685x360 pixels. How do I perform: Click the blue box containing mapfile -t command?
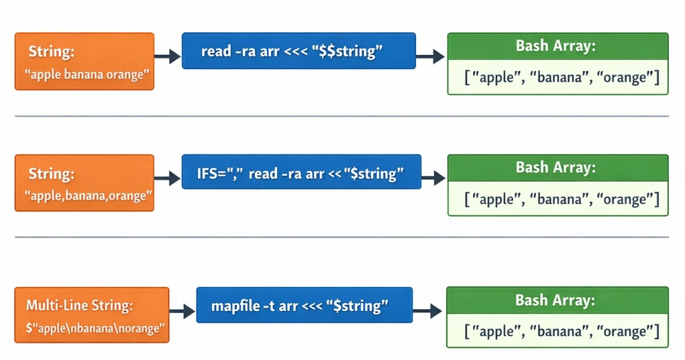[x=304, y=305]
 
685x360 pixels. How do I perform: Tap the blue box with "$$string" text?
[x=299, y=51]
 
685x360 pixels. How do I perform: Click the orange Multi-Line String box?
[x=92, y=315]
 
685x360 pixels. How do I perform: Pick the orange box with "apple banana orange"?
[x=84, y=62]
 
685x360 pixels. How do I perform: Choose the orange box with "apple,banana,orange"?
[x=84, y=183]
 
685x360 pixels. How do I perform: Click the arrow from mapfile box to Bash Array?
[x=427, y=310]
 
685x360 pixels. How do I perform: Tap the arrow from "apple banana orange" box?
[x=168, y=57]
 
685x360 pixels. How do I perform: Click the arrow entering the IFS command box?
[x=168, y=179]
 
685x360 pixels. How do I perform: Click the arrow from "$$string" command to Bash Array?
[x=431, y=57]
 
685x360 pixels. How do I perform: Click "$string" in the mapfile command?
[x=357, y=306]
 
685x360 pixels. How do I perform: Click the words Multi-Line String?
[x=80, y=305]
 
